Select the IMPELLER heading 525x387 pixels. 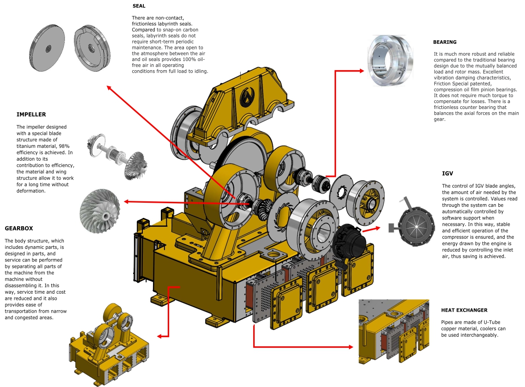(x=31, y=114)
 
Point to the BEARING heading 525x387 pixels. (x=445, y=42)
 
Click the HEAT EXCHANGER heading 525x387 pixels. (x=464, y=310)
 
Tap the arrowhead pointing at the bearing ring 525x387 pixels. (x=362, y=71)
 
